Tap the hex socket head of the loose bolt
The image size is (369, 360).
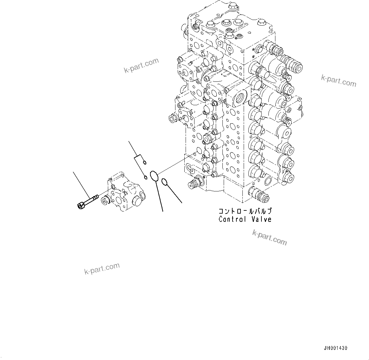coord(80,205)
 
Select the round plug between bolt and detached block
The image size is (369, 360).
coord(104,201)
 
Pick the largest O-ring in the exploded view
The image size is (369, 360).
coord(154,176)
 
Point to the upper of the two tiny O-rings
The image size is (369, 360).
coord(145,163)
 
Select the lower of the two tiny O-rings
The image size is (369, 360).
coord(145,177)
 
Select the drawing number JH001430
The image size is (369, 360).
coord(335,348)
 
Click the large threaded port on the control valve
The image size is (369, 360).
coord(239,99)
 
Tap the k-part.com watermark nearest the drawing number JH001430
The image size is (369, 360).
coord(269,238)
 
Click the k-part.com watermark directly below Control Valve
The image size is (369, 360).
coord(269,238)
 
